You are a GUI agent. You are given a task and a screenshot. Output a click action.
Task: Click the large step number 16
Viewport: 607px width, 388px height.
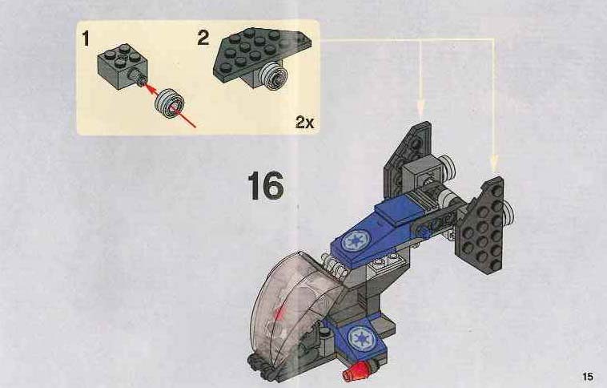click(266, 186)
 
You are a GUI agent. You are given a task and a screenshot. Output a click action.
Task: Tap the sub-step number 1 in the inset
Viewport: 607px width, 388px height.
click(86, 39)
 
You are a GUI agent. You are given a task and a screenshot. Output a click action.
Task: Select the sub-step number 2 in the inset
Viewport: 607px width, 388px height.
click(203, 38)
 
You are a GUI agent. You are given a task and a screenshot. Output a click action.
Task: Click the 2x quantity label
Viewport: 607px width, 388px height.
click(304, 123)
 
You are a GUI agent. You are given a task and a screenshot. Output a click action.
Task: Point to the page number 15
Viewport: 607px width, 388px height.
click(587, 376)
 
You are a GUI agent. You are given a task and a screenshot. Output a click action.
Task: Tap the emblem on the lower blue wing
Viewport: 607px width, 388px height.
click(362, 338)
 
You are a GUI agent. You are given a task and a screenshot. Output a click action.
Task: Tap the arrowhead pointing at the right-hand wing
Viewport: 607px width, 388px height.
click(494, 164)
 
